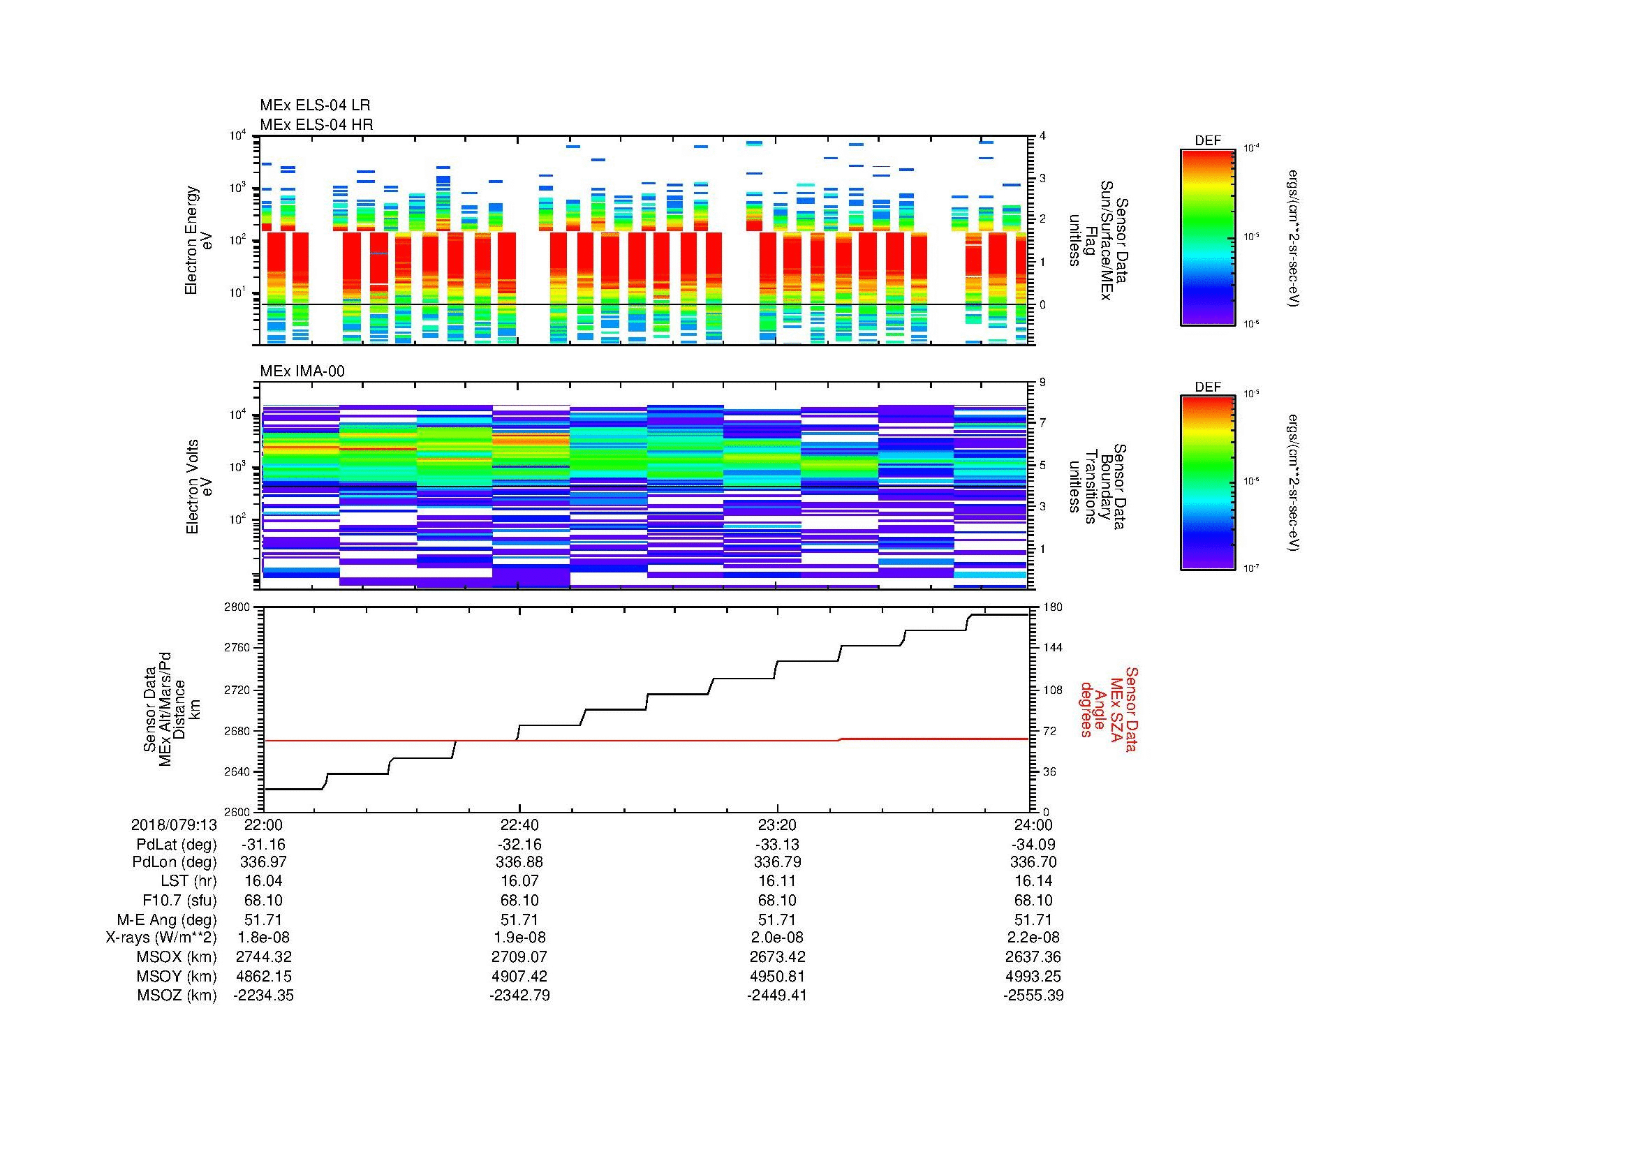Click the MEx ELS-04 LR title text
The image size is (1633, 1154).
pyautogui.click(x=314, y=105)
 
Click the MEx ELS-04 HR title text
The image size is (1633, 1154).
pyautogui.click(x=316, y=124)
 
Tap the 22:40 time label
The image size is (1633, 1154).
pyautogui.click(x=519, y=824)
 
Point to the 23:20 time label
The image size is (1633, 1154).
pyautogui.click(x=777, y=824)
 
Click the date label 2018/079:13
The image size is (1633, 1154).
pyautogui.click(x=174, y=824)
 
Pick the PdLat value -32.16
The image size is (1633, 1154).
pyautogui.click(x=519, y=844)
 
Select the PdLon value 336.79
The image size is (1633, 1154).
pyautogui.click(x=777, y=862)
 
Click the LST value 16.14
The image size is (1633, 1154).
pyautogui.click(x=1033, y=881)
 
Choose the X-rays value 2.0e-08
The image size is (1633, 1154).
pyautogui.click(x=777, y=938)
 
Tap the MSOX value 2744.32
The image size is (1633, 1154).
pyautogui.click(x=263, y=957)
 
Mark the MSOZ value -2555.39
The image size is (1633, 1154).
pyautogui.click(x=1033, y=996)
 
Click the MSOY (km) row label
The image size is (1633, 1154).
pyautogui.click(x=177, y=976)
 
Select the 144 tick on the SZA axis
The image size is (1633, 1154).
pyautogui.click(x=1052, y=648)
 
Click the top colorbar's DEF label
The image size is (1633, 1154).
pyautogui.click(x=1207, y=141)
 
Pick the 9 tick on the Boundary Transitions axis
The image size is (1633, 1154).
pyautogui.click(x=1042, y=383)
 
